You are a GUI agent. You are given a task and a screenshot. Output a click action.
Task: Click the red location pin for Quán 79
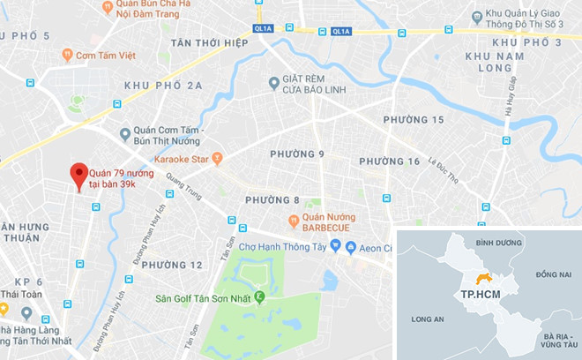pyautogui.click(x=79, y=174)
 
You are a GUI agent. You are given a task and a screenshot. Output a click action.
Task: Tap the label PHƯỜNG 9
pyautogui.click(x=297, y=154)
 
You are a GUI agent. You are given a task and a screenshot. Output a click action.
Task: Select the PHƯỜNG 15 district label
pyautogui.click(x=414, y=119)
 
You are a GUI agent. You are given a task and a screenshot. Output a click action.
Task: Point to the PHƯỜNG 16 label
pyautogui.click(x=390, y=161)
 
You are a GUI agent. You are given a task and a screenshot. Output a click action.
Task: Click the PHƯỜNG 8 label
pyautogui.click(x=273, y=199)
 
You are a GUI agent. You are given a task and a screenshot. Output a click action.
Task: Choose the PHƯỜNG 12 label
pyautogui.click(x=172, y=265)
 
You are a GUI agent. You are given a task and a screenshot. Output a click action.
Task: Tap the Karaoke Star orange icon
pyautogui.click(x=218, y=160)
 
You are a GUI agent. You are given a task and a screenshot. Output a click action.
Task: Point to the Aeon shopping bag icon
pyautogui.click(x=350, y=246)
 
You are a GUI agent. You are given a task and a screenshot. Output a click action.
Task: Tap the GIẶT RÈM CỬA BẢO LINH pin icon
pyautogui.click(x=273, y=83)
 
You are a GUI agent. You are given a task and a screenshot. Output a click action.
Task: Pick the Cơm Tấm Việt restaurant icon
pyautogui.click(x=67, y=55)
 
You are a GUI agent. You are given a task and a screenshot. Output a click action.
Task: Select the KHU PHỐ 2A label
pyautogui.click(x=164, y=85)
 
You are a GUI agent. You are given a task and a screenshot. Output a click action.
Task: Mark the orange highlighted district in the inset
pyautogui.click(x=482, y=279)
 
